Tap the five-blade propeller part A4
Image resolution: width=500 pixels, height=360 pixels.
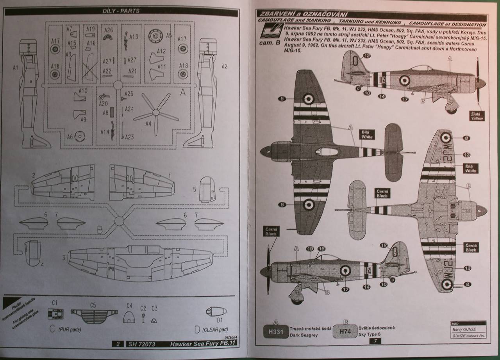tap(155, 113)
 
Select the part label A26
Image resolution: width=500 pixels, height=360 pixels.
tap(109, 30)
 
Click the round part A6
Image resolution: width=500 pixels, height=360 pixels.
tap(79, 137)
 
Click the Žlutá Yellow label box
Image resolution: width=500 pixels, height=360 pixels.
tap(477, 116)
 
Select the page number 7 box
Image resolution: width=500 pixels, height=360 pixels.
tap(375, 341)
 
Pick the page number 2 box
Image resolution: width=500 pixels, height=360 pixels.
tap(118, 344)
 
